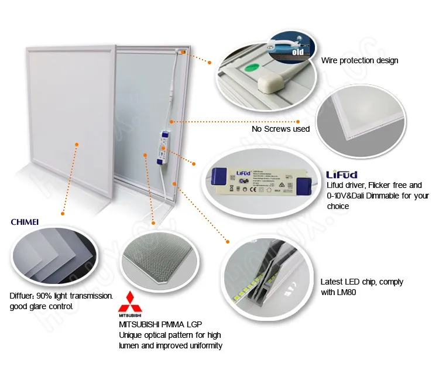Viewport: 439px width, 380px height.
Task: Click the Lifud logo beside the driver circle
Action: point(340,174)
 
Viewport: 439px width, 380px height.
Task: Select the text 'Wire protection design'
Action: point(359,60)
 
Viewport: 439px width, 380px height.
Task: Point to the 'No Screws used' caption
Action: point(280,129)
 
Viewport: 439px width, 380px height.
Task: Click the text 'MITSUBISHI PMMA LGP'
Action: point(161,324)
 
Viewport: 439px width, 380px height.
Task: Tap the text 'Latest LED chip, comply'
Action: point(362,282)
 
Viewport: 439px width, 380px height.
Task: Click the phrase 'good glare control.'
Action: point(41,306)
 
